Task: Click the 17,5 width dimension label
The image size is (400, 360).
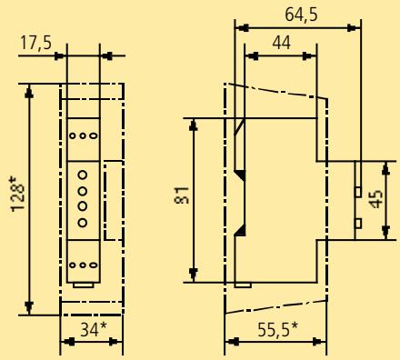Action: pyautogui.click(x=35, y=43)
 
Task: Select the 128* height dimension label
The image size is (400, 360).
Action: pyautogui.click(x=17, y=195)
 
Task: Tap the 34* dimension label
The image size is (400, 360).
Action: pyautogui.click(x=94, y=330)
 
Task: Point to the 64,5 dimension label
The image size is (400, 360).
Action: pyautogui.click(x=301, y=15)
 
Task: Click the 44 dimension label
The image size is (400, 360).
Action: pyautogui.click(x=282, y=43)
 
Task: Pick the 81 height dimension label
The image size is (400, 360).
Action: pyautogui.click(x=182, y=195)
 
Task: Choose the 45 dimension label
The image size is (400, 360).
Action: pyautogui.click(x=376, y=199)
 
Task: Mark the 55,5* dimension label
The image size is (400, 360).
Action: pyautogui.click(x=278, y=330)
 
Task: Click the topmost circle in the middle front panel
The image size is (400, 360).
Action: pyautogui.click(x=83, y=175)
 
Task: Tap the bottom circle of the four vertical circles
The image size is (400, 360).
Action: pyautogui.click(x=83, y=223)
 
